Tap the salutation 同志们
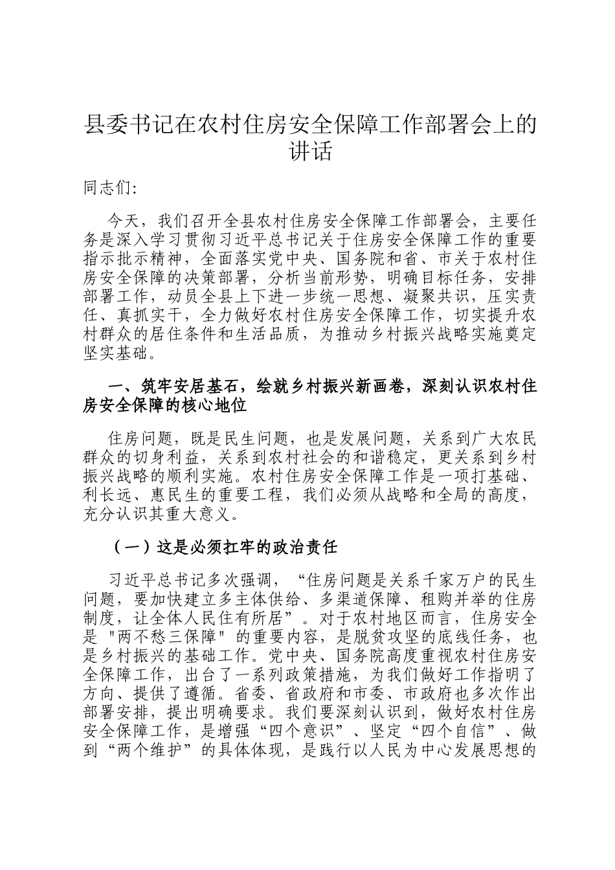(106, 188)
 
